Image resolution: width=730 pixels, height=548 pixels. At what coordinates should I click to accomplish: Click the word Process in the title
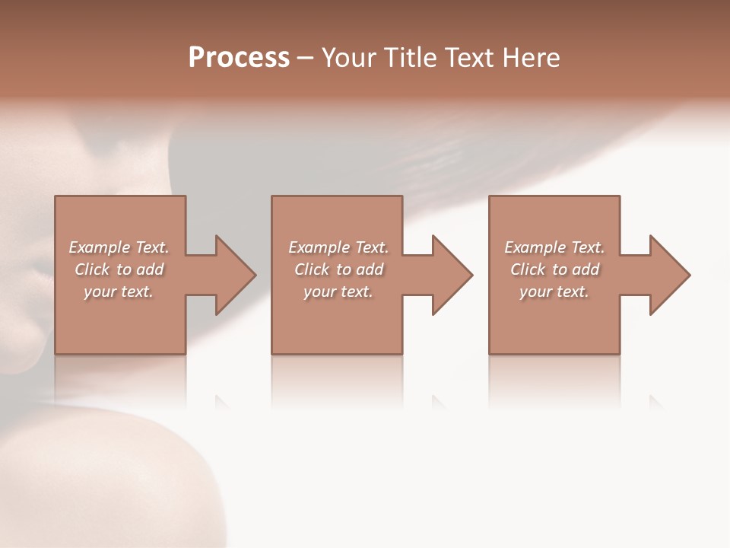[239, 58]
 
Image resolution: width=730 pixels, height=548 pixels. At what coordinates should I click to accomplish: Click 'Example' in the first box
[100, 247]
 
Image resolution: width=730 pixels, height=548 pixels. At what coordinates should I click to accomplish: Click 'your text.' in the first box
[119, 292]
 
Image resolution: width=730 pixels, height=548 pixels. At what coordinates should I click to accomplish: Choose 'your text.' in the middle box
[338, 292]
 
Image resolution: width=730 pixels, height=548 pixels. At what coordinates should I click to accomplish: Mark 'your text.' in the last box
[554, 292]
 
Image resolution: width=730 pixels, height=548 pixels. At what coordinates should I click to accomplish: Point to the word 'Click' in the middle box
[311, 269]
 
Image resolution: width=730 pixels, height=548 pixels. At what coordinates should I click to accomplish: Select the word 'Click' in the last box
[527, 269]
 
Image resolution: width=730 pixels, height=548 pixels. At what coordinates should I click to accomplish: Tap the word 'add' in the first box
[151, 269]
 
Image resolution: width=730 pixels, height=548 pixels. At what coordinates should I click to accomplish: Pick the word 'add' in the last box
[586, 269]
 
